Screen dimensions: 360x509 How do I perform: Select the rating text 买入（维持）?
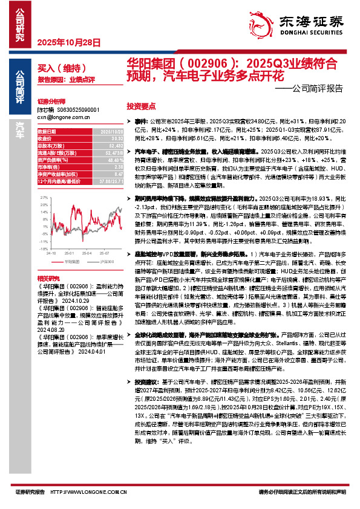[58, 68]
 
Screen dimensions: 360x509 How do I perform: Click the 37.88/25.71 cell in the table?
[111, 181]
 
